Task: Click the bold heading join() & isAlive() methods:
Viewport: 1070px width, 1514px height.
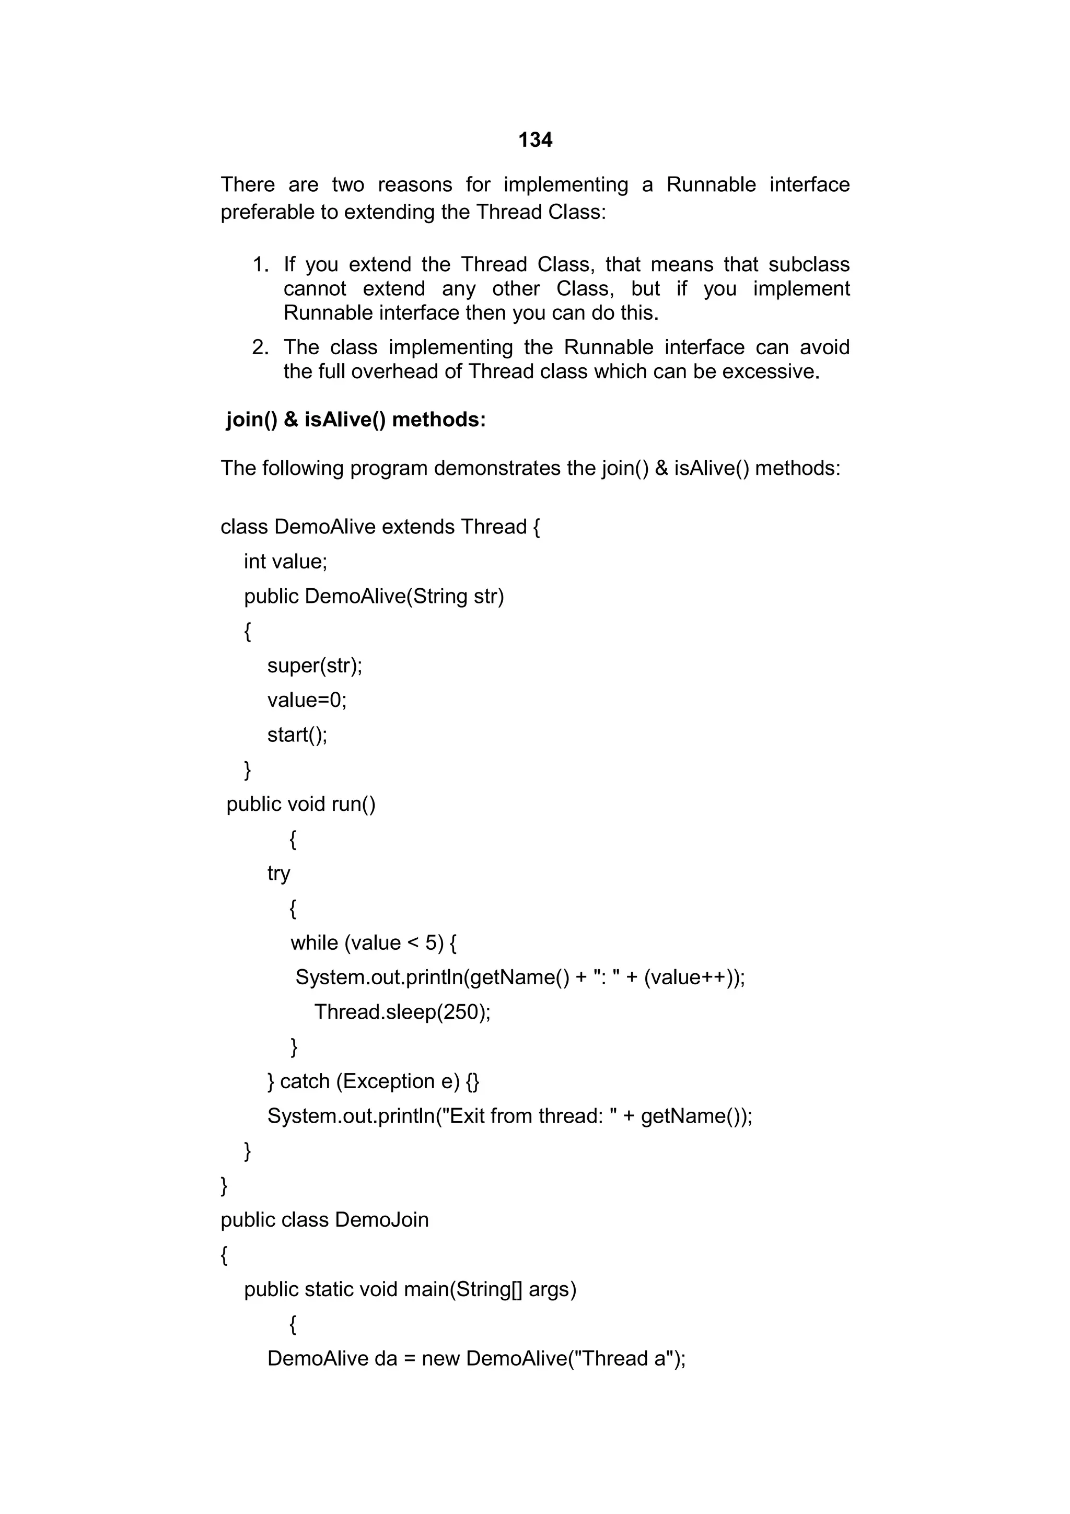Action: [x=356, y=420]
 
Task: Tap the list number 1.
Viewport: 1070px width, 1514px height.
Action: [x=260, y=265]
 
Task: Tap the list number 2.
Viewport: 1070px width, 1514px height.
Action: [x=260, y=347]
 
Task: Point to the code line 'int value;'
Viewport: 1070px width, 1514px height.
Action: [x=285, y=562]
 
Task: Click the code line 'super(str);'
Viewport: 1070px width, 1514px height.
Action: [x=315, y=666]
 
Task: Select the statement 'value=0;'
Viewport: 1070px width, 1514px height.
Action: [x=307, y=700]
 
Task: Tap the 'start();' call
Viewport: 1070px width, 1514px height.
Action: [x=297, y=735]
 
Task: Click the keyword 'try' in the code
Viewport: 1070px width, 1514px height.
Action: [x=278, y=874]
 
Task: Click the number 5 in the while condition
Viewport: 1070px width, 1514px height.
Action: [x=431, y=943]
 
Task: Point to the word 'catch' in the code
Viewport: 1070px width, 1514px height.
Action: [x=305, y=1081]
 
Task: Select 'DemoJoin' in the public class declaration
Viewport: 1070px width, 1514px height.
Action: [x=382, y=1220]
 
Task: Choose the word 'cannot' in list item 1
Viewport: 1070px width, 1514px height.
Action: [x=315, y=289]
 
